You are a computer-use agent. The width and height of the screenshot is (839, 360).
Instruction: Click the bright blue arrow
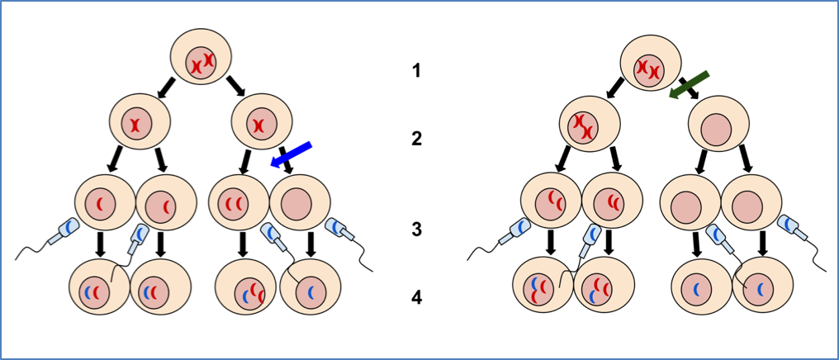coord(291,154)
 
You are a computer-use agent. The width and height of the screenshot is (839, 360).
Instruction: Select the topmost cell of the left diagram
coord(201,57)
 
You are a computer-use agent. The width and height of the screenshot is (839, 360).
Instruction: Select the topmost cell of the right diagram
coord(651,64)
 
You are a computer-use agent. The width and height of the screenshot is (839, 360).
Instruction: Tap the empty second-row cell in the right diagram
coord(718,124)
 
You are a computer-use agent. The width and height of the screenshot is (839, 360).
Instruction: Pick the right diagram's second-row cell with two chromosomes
coord(590,124)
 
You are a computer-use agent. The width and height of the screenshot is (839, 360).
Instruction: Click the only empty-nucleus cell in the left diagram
coord(300,202)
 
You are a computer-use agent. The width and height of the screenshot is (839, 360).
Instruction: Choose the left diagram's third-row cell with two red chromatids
coord(239,202)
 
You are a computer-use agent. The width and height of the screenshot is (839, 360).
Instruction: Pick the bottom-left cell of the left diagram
coord(99,287)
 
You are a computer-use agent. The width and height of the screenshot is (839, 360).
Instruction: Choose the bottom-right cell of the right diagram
coord(762,285)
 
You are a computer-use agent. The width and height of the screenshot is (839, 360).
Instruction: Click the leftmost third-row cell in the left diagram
coord(105,202)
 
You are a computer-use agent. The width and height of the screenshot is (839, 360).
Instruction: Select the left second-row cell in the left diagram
coord(140,121)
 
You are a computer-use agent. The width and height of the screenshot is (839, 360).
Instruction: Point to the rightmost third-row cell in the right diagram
coord(751,202)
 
